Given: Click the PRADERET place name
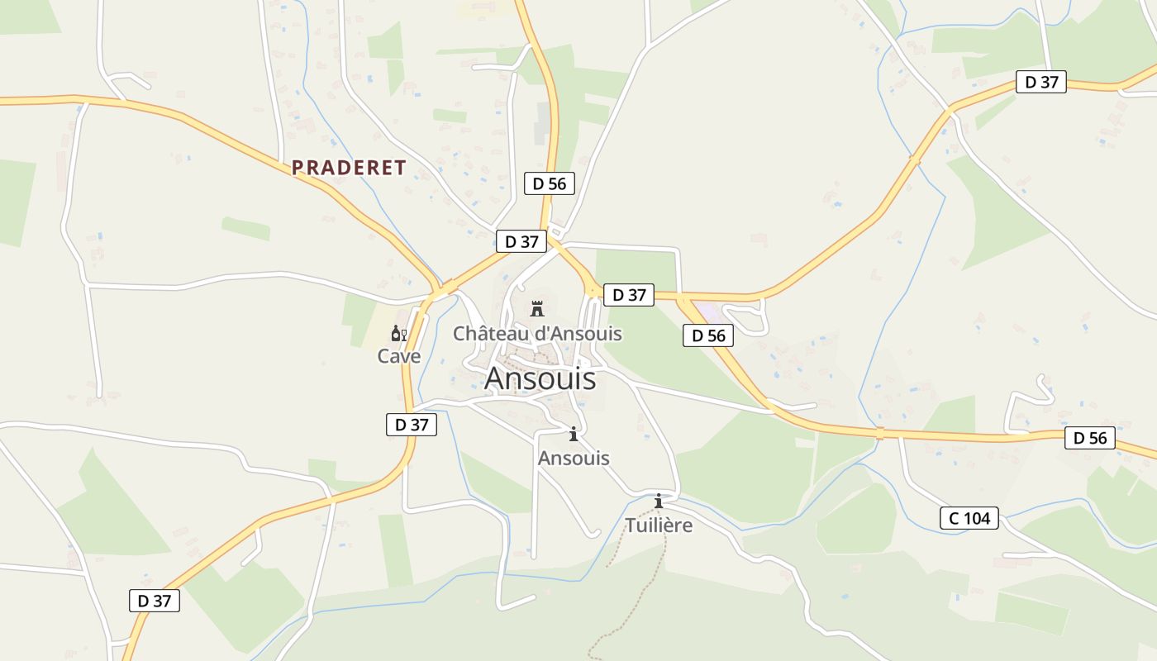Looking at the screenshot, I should point(349,168).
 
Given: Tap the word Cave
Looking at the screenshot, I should point(399,356).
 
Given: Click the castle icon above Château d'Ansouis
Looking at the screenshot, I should point(537,309).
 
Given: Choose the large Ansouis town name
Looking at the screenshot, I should point(540,378).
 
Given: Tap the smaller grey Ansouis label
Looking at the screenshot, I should point(574,458).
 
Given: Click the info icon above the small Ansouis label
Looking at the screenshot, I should point(574,435).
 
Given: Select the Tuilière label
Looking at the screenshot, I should point(659,525).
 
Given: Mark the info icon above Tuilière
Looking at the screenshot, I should point(659,501).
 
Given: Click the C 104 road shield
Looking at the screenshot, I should point(969,518).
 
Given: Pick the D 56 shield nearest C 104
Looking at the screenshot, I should point(1090,438).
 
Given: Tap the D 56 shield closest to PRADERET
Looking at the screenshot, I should point(550,183).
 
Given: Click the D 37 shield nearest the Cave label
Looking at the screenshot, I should point(411,425).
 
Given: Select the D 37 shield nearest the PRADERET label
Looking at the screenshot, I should point(521,241).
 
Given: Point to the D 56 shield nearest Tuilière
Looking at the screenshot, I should point(708,335).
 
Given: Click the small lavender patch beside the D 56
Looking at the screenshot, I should point(707,311).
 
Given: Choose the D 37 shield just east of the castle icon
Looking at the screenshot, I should point(629,295).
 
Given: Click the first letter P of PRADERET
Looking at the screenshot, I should point(298,168).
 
